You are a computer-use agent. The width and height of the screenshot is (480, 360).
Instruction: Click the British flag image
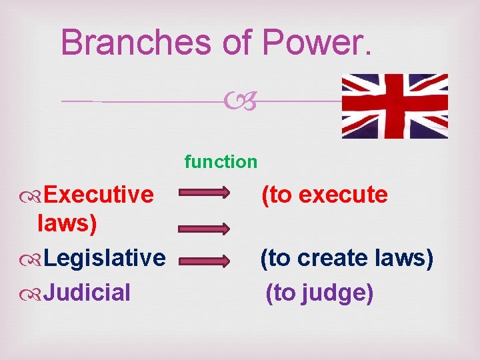point(395,106)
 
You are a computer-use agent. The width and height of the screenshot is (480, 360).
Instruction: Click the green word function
point(221,161)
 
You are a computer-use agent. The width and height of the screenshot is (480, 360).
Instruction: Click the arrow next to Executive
point(204,195)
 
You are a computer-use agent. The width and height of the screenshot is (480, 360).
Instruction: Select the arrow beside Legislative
point(204,258)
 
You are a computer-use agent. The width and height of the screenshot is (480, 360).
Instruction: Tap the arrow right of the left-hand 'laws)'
point(204,228)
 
